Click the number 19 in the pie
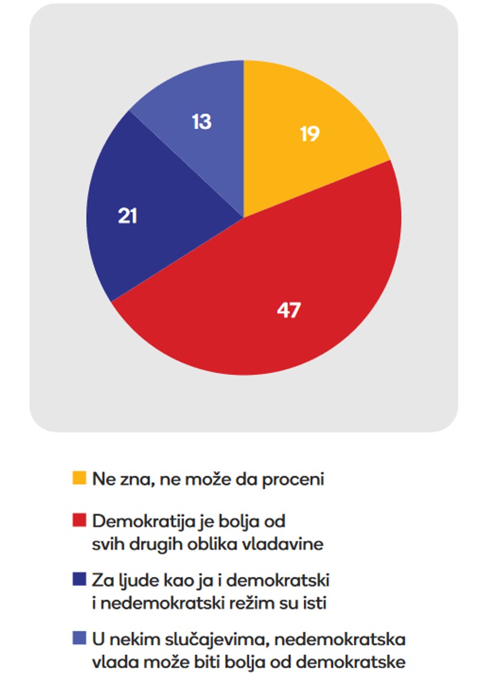pos(310,134)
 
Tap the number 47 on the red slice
pos(288,310)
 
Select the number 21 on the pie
pos(127,217)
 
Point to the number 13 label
pos(201,122)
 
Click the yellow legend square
pos(79,478)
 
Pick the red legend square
pos(79,521)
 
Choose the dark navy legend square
pos(79,579)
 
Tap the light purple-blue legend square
pos(79,637)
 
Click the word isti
pos(322,603)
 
